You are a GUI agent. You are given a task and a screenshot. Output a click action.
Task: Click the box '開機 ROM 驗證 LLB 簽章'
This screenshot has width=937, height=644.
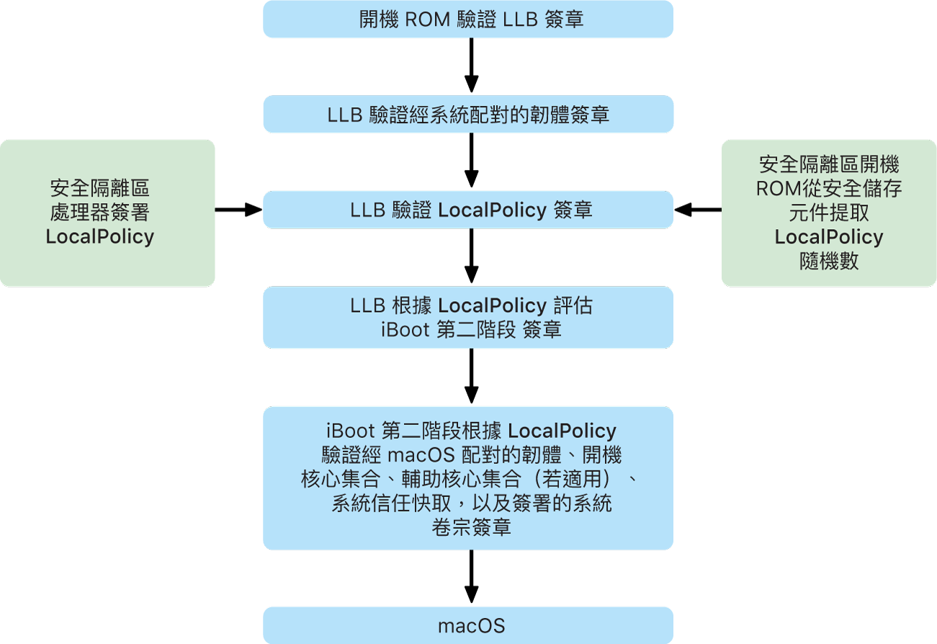(468, 19)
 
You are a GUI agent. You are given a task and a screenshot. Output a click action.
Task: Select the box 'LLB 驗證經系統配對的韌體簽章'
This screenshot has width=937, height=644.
(468, 115)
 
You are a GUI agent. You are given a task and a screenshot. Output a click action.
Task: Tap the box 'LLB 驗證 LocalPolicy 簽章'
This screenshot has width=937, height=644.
(468, 210)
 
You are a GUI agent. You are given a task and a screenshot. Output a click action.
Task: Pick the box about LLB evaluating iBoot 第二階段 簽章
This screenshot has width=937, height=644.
(468, 318)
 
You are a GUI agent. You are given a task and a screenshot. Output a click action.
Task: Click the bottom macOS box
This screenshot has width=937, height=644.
(468, 625)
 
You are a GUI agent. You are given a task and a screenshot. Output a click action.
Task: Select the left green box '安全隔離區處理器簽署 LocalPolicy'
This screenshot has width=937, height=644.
(107, 213)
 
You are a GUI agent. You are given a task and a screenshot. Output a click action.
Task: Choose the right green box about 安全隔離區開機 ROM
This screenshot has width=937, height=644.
(829, 213)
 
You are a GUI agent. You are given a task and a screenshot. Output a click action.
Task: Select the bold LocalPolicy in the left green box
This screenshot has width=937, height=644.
(100, 237)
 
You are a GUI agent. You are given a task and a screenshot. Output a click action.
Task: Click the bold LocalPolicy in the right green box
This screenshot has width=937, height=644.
(829, 237)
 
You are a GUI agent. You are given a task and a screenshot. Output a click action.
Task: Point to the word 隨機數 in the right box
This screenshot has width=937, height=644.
(829, 261)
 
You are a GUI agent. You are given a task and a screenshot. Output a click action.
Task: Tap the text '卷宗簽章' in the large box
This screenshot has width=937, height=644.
(471, 527)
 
